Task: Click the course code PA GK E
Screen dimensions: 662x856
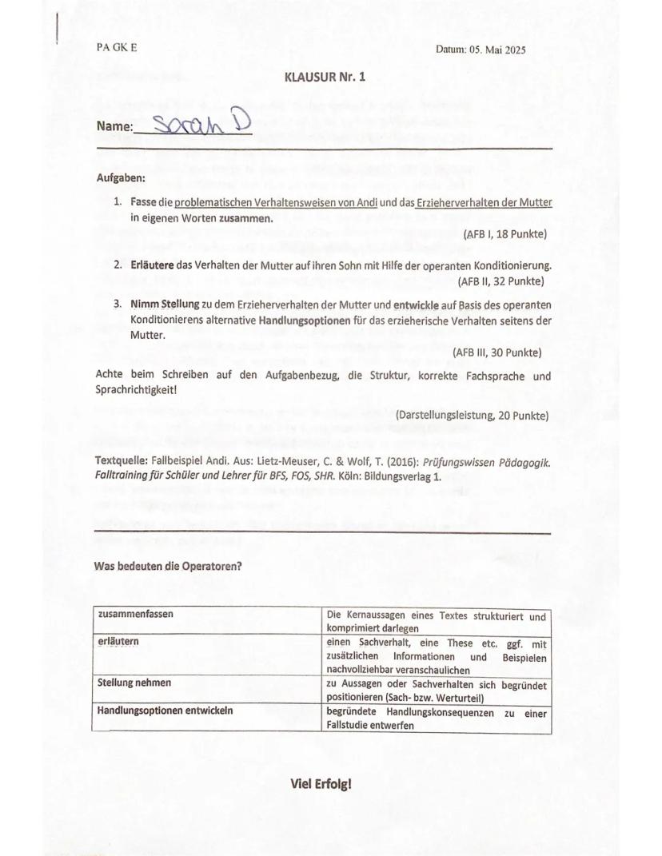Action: tap(117, 48)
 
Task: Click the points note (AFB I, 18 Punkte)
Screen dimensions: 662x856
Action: tap(504, 234)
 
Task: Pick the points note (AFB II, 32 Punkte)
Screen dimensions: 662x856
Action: tap(501, 281)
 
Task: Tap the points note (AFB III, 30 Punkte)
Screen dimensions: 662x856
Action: tap(497, 352)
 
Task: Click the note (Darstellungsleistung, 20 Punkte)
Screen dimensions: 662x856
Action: tap(471, 416)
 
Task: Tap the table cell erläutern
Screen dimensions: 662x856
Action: tap(115, 642)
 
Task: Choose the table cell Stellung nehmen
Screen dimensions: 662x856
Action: tap(134, 683)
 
